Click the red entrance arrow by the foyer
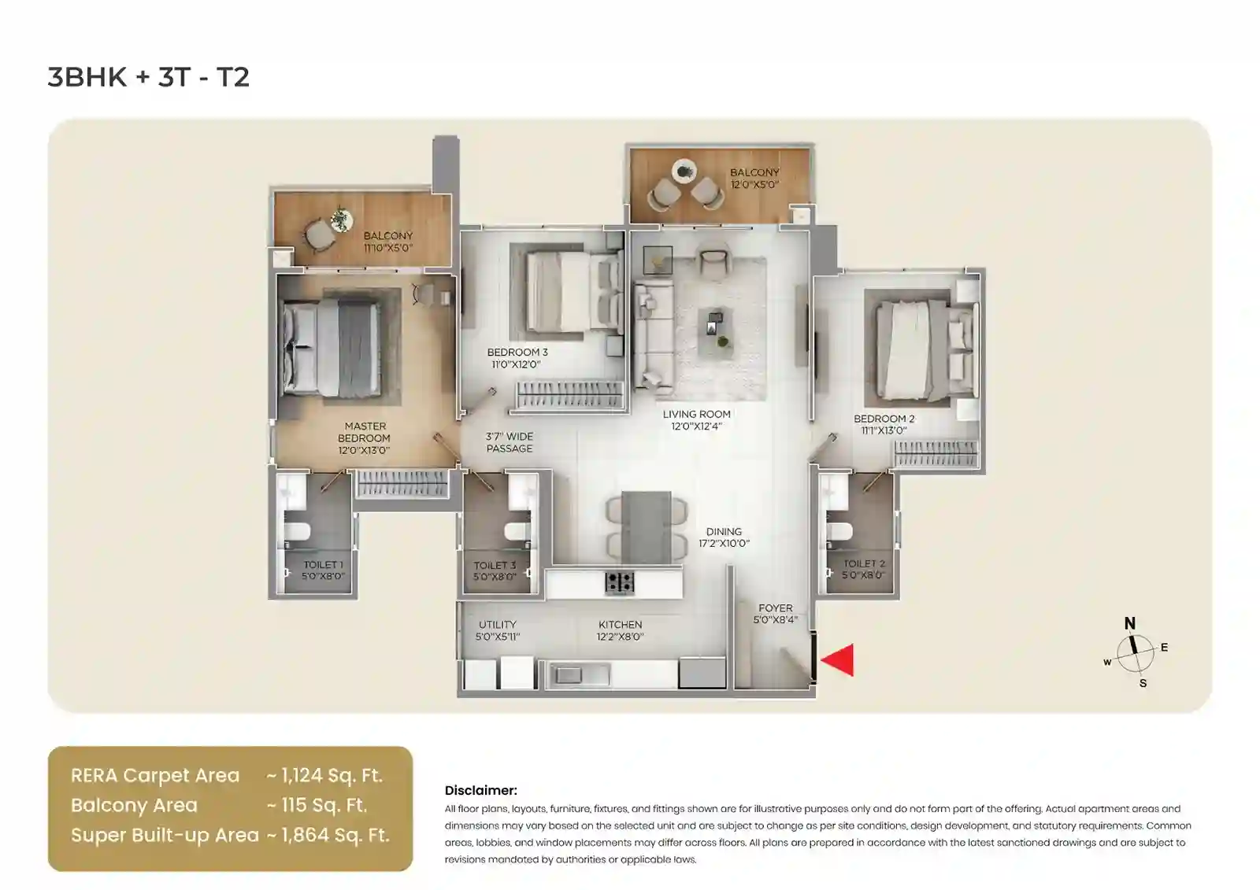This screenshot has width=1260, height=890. [x=838, y=659]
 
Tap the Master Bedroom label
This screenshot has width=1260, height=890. [x=365, y=438]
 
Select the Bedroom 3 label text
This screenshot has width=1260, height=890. [x=517, y=358]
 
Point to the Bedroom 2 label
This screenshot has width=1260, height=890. [x=884, y=424]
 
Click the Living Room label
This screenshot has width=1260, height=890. [x=696, y=419]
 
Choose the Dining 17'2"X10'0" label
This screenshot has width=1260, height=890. [x=724, y=537]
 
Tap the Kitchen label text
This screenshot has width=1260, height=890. [x=620, y=630]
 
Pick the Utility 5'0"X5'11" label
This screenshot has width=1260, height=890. [x=498, y=630]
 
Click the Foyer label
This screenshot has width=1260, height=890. [x=776, y=614]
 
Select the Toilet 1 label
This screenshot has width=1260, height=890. [x=323, y=570]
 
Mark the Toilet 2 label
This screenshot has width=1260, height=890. [x=864, y=569]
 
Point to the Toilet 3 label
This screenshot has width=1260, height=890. [x=495, y=571]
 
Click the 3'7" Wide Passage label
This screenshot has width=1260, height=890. [x=509, y=442]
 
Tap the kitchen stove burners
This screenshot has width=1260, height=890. [x=620, y=582]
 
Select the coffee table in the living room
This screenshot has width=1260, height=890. [x=715, y=323]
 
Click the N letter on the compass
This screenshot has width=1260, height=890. [x=1129, y=623]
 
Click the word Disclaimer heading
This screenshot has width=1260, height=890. [x=480, y=790]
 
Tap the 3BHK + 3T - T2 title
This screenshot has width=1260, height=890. [x=149, y=77]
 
